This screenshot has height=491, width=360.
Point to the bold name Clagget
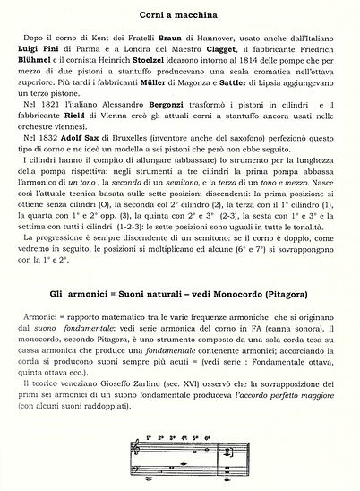[x=205, y=51]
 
